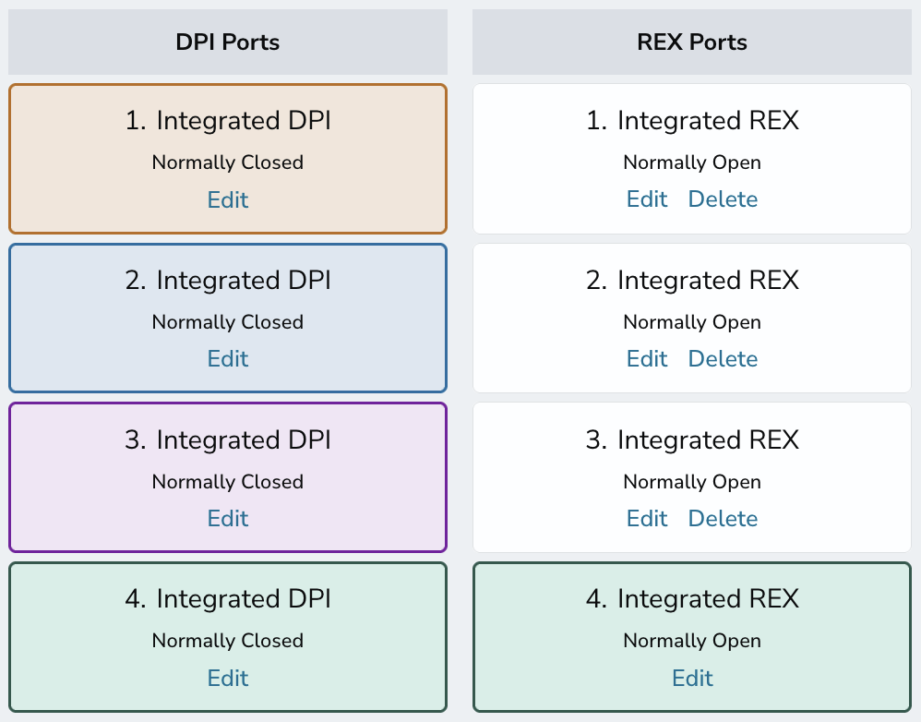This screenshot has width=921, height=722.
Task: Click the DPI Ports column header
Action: point(228,42)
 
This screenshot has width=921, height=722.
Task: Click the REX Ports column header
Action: point(692,42)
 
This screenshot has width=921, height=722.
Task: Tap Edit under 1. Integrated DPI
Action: point(228,199)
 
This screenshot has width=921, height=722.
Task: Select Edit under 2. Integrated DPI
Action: point(228,359)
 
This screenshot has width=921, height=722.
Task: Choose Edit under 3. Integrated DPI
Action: point(228,519)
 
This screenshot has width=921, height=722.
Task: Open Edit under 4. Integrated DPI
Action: point(228,678)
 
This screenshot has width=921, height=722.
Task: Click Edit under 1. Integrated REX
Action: point(647,199)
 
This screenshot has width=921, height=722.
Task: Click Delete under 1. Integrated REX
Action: point(724,199)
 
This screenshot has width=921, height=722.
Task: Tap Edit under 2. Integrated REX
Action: point(647,359)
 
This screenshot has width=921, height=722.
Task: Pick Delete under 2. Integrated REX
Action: point(724,359)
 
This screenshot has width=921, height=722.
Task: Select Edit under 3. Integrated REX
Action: point(647,519)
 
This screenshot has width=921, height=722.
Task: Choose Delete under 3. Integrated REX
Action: point(724,519)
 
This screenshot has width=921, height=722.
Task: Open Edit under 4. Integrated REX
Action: point(692,678)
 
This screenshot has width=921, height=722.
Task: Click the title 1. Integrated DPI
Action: point(228,121)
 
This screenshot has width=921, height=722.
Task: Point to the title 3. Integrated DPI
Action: point(228,440)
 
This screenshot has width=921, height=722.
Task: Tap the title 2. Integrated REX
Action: point(692,281)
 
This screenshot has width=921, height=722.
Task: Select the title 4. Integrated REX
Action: point(692,599)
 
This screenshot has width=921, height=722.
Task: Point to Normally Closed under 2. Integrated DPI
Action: point(228,322)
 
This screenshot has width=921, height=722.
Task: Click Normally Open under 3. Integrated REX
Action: point(692,482)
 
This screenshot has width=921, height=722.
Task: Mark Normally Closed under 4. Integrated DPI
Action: point(228,641)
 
